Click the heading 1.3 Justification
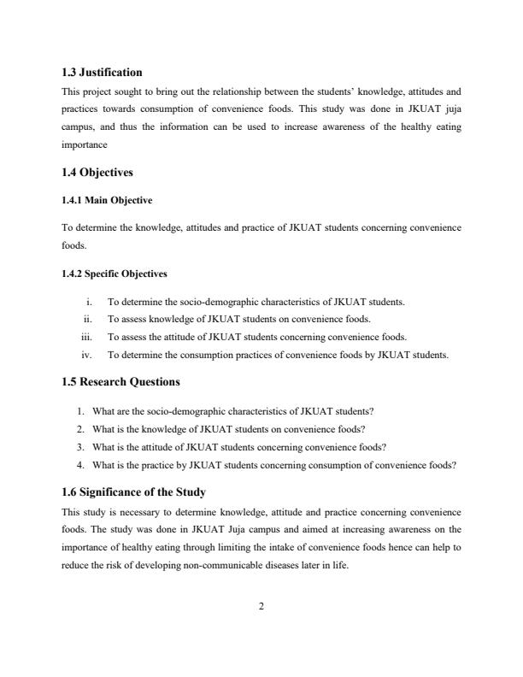tap(103, 73)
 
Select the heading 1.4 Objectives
tap(97, 173)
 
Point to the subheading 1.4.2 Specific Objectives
tap(115, 274)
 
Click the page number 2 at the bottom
tap(261, 606)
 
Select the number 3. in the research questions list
tap(81, 447)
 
